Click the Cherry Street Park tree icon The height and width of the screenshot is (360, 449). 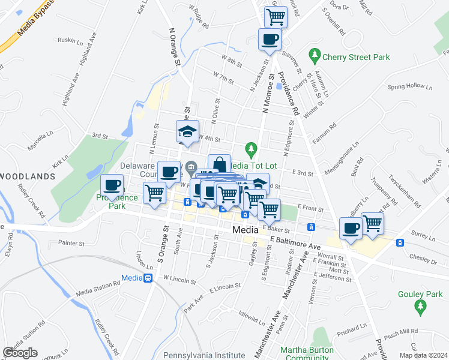pos(314,56)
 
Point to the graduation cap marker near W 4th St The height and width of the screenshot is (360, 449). pos(187,131)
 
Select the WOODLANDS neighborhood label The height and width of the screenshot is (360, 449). pos(28,176)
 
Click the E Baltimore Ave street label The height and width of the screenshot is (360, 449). pos(296,242)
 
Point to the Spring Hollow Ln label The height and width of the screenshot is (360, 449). pos(410,86)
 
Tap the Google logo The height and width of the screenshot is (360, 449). pos(20,353)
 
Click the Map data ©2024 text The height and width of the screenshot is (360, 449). pos(423,355)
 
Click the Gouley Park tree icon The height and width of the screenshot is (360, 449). pos(420,307)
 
